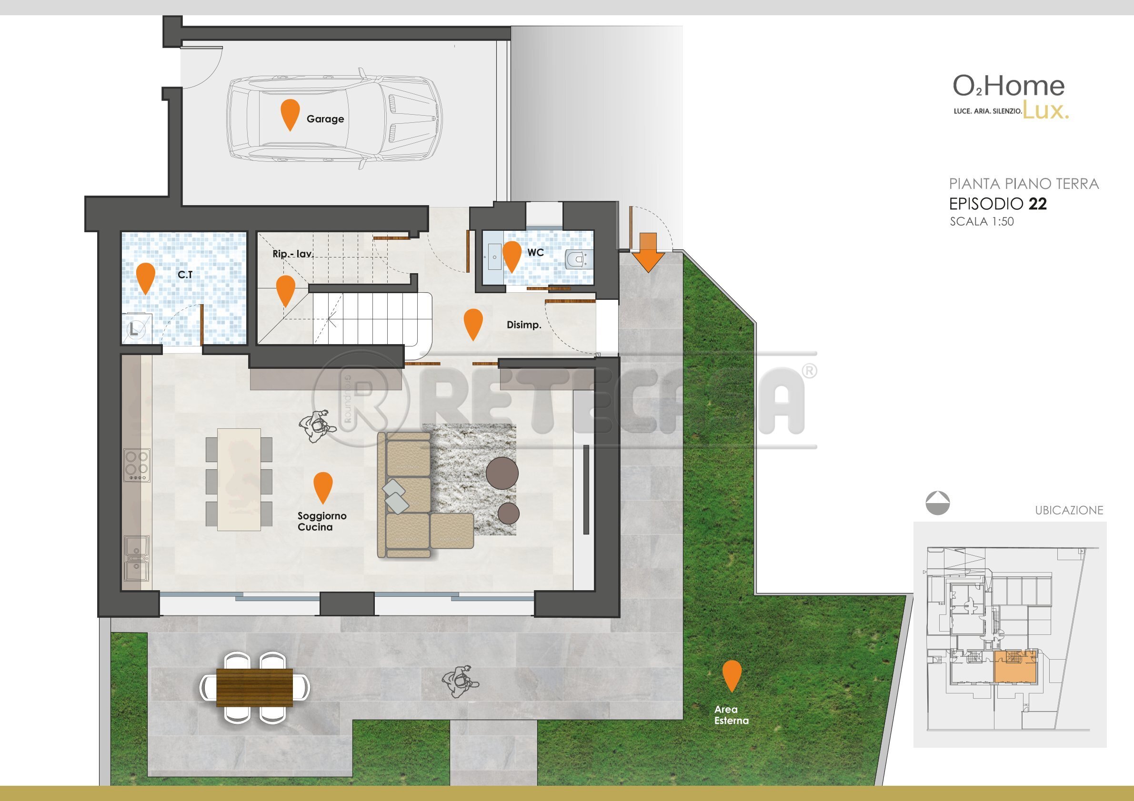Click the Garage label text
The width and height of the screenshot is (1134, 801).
pyautogui.click(x=325, y=119)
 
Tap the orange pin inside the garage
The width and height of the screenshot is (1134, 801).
pyautogui.click(x=290, y=112)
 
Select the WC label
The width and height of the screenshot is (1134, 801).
pyautogui.click(x=535, y=253)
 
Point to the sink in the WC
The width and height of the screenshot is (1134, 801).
pyautogui.click(x=493, y=257)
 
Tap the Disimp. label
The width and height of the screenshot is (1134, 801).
pyautogui.click(x=524, y=325)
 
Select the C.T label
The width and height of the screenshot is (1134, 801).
pyautogui.click(x=185, y=275)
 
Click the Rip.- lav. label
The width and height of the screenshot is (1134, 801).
pyautogui.click(x=293, y=254)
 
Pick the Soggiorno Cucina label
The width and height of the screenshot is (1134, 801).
pyautogui.click(x=321, y=522)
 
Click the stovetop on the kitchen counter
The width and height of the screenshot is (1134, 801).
pyautogui.click(x=137, y=465)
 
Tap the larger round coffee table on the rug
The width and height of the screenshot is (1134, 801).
pyautogui.click(x=502, y=473)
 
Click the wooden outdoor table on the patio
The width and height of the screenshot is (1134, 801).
pyautogui.click(x=254, y=687)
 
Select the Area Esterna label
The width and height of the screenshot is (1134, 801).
pyautogui.click(x=731, y=715)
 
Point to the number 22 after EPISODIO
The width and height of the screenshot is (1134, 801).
pyautogui.click(x=1037, y=204)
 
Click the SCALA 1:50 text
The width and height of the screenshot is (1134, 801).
pyautogui.click(x=982, y=222)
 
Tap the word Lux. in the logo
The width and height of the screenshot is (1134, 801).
pyautogui.click(x=1045, y=110)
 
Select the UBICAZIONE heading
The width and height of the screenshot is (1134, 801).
pyautogui.click(x=1069, y=510)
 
